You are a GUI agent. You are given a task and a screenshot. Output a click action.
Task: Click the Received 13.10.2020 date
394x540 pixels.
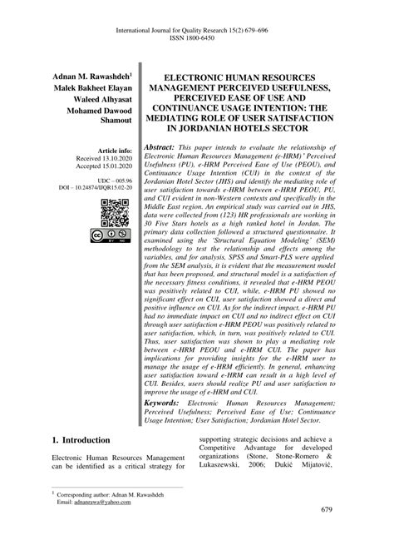[96, 158]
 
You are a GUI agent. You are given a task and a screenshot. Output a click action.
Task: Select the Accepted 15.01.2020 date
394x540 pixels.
[96, 167]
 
